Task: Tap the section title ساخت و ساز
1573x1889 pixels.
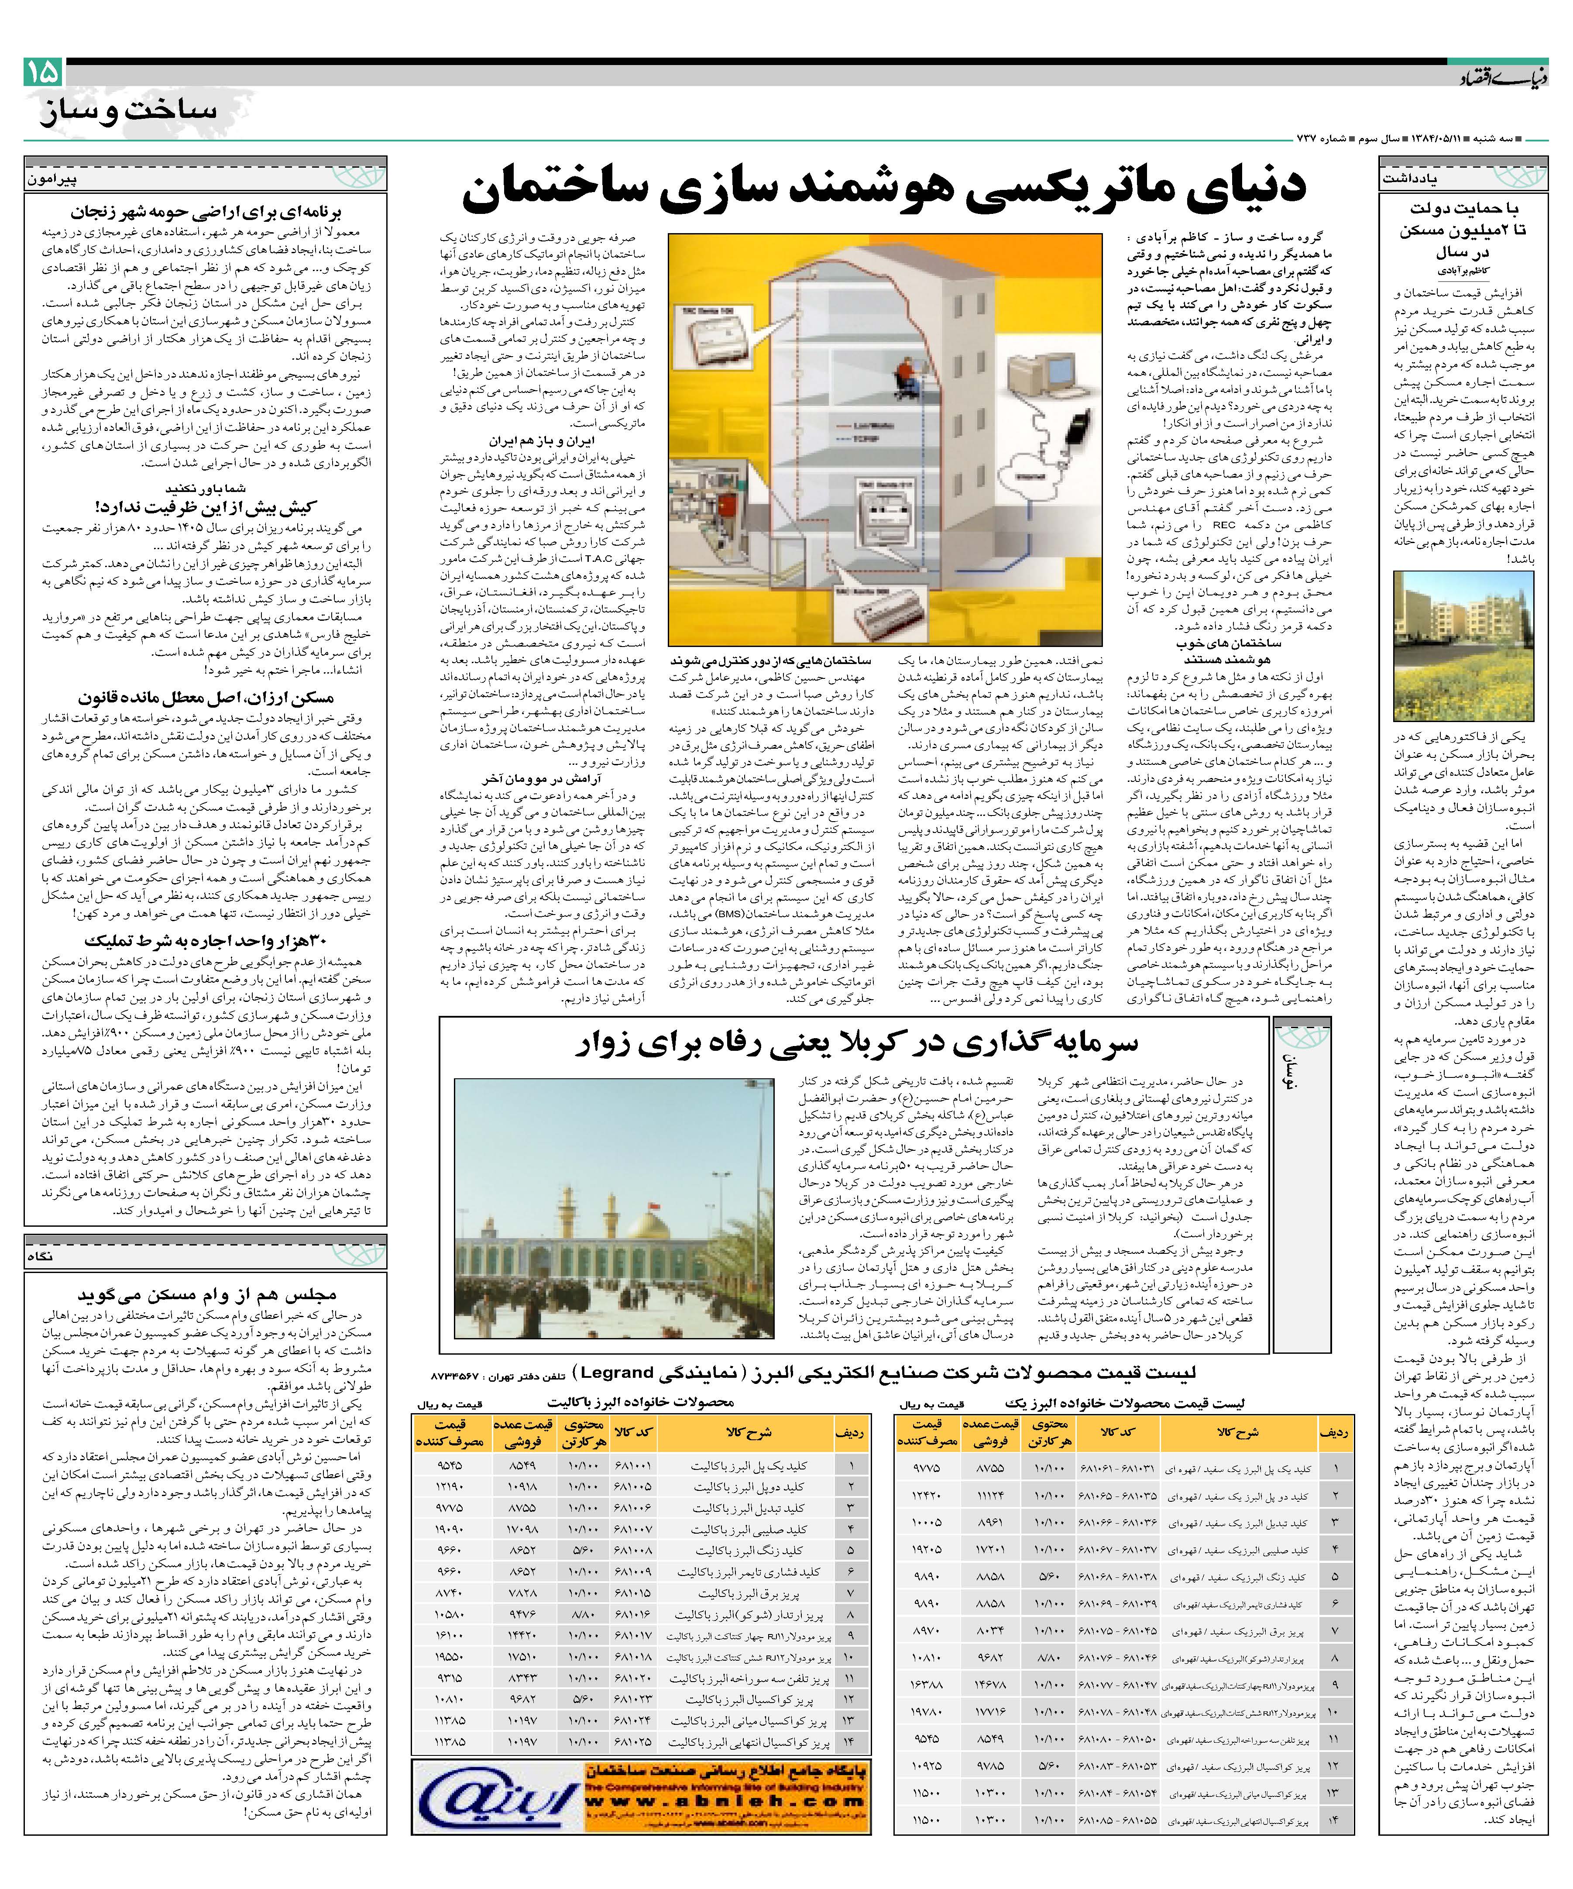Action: (129, 111)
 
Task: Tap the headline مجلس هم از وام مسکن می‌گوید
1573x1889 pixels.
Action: (207, 1295)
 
